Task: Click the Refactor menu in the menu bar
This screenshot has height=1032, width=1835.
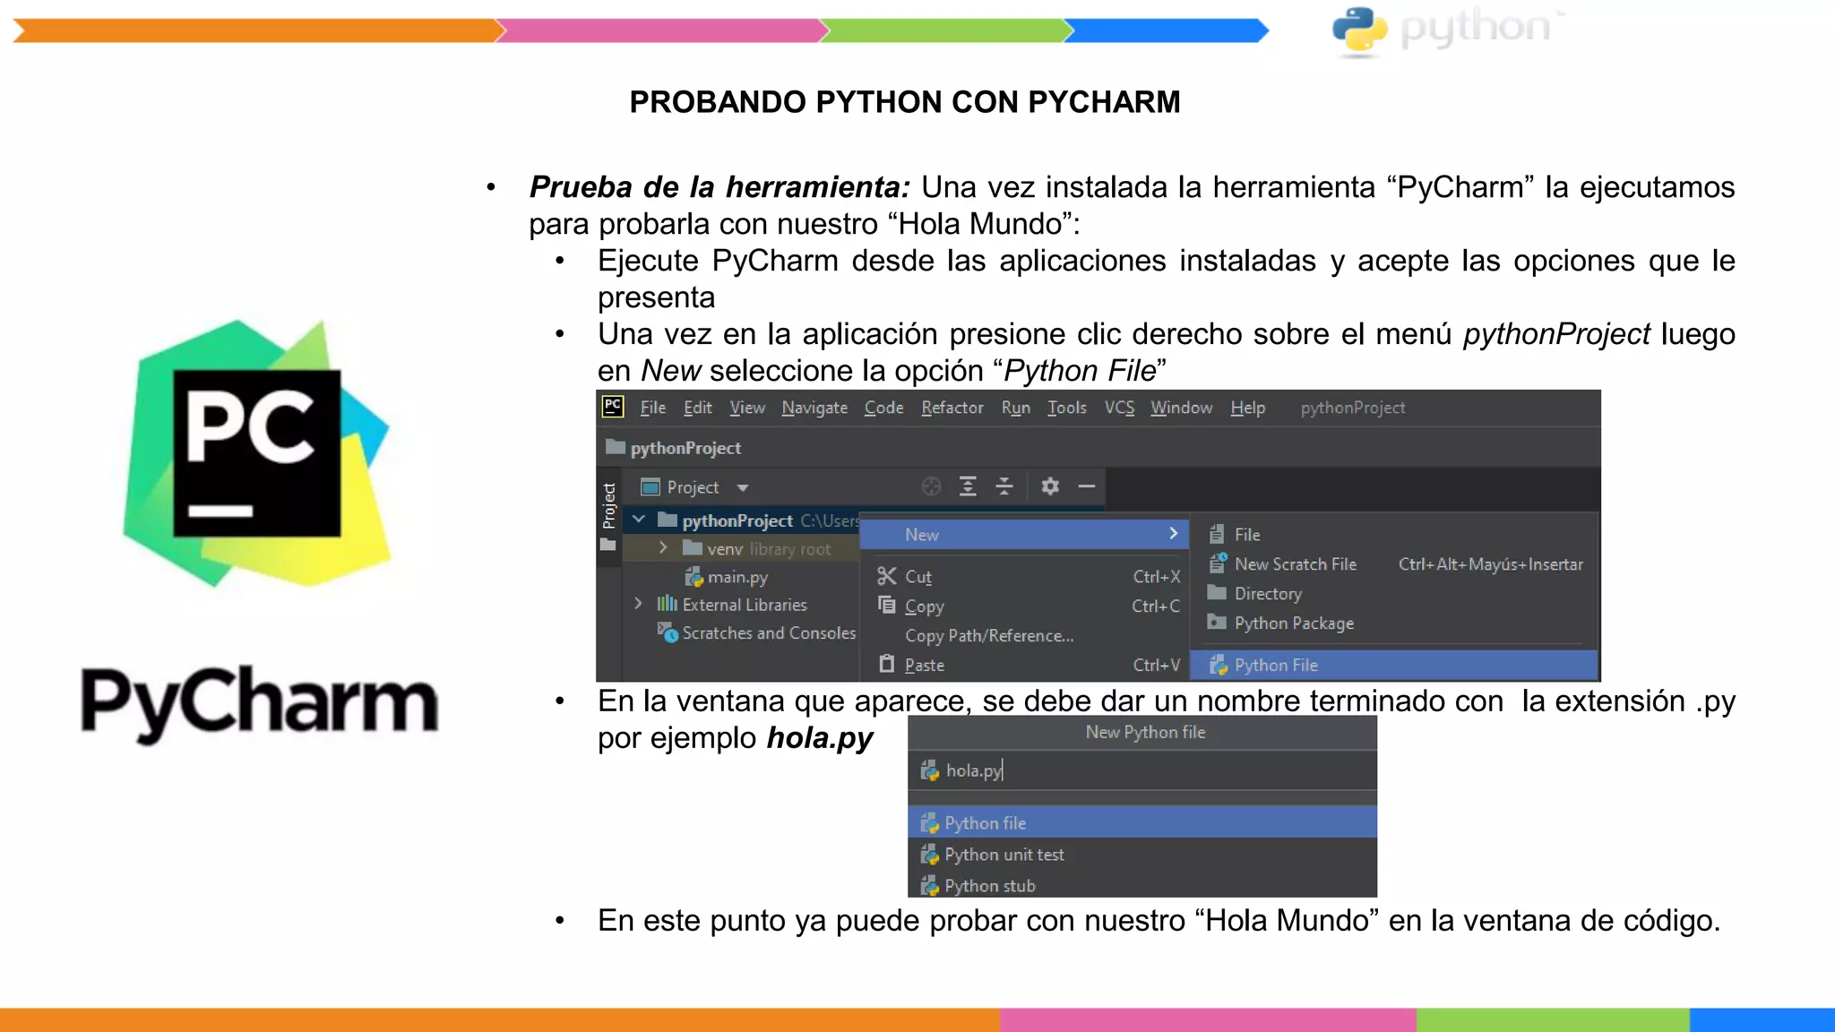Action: (952, 408)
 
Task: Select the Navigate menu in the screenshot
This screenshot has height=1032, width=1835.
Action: (814, 408)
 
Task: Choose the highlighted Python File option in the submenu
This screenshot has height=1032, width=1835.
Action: (1275, 666)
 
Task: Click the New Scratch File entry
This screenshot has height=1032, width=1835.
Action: (1295, 564)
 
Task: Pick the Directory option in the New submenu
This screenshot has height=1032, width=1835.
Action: (1267, 594)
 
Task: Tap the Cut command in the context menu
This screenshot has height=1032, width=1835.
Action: (917, 577)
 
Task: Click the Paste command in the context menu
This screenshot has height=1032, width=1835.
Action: (924, 666)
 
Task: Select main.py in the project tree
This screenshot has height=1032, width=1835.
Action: (737, 577)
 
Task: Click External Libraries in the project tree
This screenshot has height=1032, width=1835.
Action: (744, 605)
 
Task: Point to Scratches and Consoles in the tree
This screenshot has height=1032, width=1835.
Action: (768, 633)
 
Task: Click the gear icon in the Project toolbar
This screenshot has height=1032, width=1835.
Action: (1050, 486)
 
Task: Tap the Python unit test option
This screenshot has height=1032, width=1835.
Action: (1004, 855)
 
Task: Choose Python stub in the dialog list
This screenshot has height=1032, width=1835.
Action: (989, 886)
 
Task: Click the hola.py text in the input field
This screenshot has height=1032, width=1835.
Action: (973, 770)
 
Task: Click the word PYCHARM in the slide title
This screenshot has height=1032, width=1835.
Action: (1104, 102)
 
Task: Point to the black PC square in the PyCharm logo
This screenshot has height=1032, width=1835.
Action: (257, 453)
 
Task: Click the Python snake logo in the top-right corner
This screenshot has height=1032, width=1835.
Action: (1359, 30)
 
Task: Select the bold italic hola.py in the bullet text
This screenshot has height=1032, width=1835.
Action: (820, 738)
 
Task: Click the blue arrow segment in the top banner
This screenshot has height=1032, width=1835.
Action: (1166, 30)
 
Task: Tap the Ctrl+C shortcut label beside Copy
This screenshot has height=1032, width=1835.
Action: (1155, 606)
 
